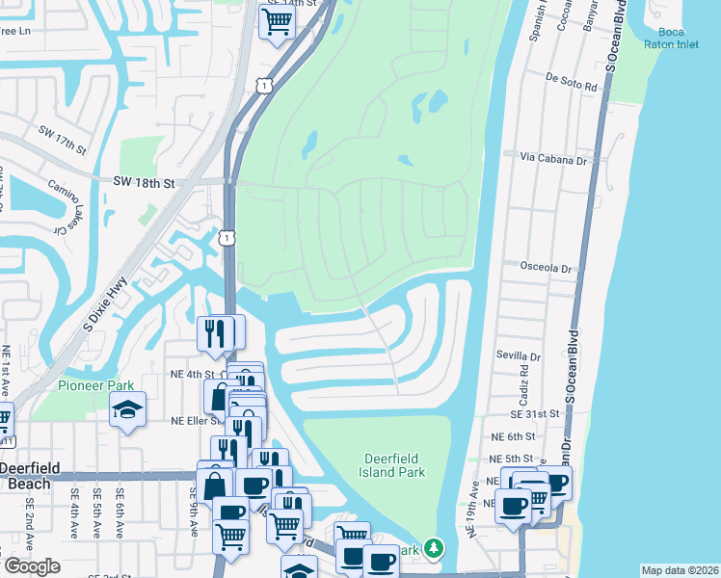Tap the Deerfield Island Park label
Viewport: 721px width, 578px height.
click(x=394, y=465)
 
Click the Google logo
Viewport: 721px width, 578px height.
click(x=31, y=566)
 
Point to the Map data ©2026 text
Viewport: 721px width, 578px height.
click(x=681, y=570)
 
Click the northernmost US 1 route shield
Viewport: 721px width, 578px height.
click(x=263, y=87)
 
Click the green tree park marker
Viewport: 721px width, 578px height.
click(x=435, y=549)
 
